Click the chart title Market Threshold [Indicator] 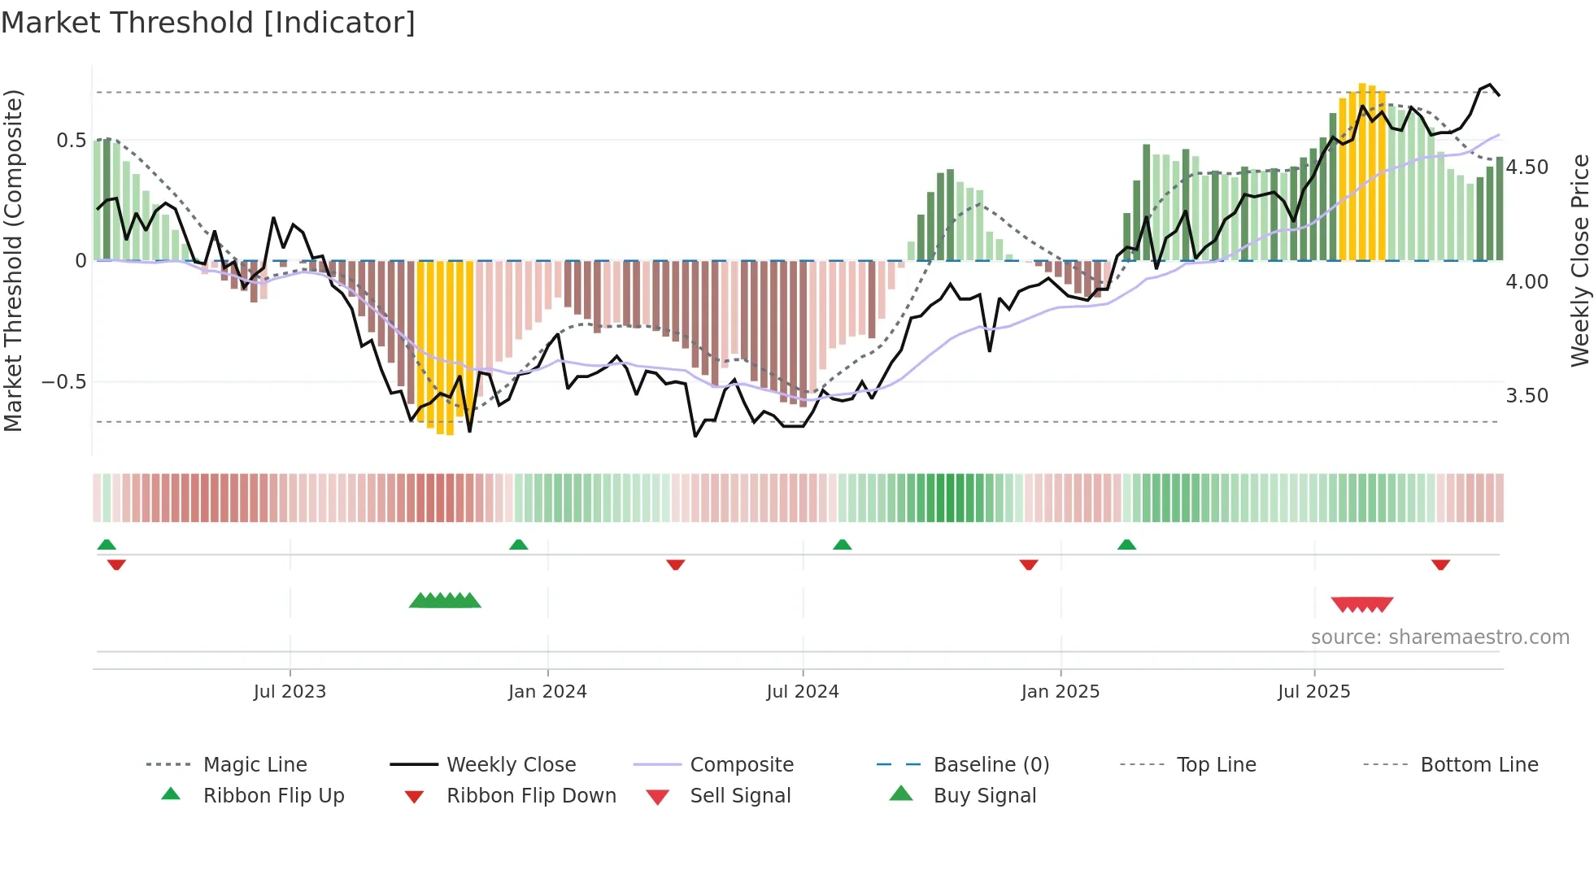click(x=208, y=23)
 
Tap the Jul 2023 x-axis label click(x=290, y=692)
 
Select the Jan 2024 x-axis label click(x=547, y=692)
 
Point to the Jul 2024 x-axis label click(x=803, y=692)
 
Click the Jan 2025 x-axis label click(x=1060, y=692)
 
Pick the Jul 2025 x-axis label click(x=1314, y=692)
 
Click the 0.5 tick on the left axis click(x=72, y=141)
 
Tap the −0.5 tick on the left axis click(x=64, y=382)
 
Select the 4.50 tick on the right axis click(x=1527, y=167)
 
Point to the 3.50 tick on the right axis click(x=1527, y=396)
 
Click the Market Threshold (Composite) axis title click(x=13, y=260)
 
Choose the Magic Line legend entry click(x=255, y=765)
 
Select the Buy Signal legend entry click(x=984, y=796)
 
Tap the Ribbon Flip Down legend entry click(x=531, y=796)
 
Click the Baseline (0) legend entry click(x=991, y=765)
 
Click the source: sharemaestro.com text click(x=1439, y=637)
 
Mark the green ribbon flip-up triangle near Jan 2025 click(x=1126, y=545)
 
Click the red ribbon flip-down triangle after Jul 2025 click(x=1440, y=564)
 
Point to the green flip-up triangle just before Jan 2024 click(x=519, y=545)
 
